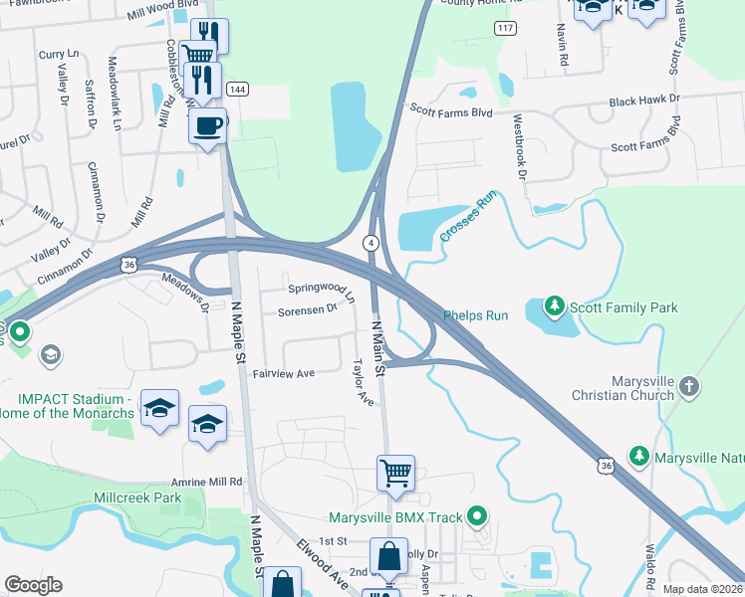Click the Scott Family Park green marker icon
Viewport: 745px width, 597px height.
click(x=555, y=307)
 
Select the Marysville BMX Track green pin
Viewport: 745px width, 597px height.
click(x=477, y=516)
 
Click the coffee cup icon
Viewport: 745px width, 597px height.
click(x=207, y=126)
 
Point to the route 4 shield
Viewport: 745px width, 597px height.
click(x=371, y=243)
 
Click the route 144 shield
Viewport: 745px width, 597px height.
click(x=237, y=90)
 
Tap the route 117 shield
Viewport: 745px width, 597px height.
click(x=506, y=27)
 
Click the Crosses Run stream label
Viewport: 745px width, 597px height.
click(x=466, y=217)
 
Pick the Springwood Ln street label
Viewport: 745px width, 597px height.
click(x=322, y=292)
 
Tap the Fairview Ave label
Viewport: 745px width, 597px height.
click(x=283, y=373)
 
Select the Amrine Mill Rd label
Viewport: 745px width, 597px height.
click(x=206, y=482)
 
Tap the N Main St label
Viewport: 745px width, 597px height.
click(x=378, y=347)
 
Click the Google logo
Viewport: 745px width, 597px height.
click(x=34, y=585)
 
